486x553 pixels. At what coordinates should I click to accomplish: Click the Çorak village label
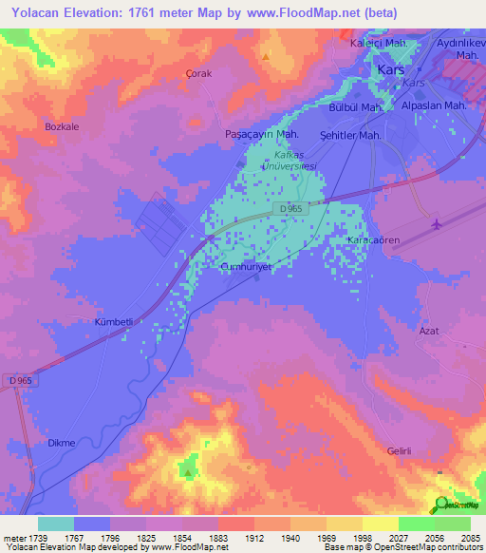tap(198, 73)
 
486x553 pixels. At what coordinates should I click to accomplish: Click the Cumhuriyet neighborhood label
tap(246, 268)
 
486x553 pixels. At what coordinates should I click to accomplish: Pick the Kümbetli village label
tap(112, 322)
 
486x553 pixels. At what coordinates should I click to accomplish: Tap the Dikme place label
tap(61, 443)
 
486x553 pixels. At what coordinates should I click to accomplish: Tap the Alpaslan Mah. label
tap(432, 105)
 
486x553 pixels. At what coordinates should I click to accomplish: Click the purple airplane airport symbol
tap(436, 224)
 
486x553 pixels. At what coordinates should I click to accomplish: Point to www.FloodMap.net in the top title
tap(300, 13)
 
